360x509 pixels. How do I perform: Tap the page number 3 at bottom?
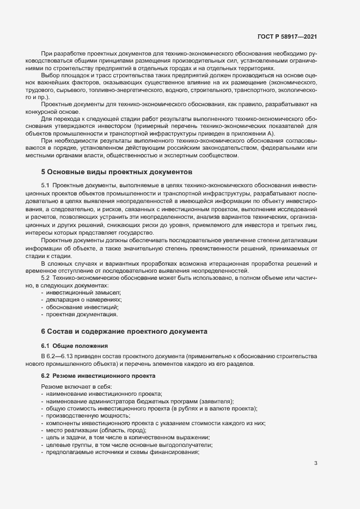pyautogui.click(x=316, y=463)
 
